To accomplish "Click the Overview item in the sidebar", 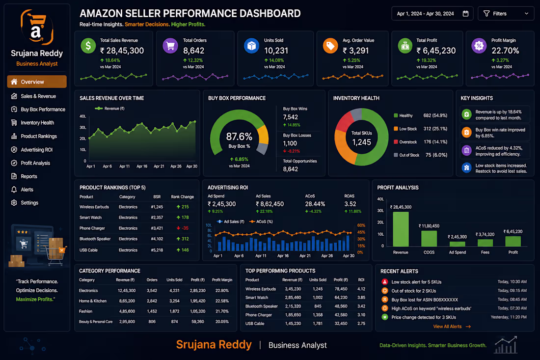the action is coord(37,82).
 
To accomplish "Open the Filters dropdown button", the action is coord(506,14).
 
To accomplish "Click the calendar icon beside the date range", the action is coord(465,13).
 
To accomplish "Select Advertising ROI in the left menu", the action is coord(36,149).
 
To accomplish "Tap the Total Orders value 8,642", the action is coord(193,51).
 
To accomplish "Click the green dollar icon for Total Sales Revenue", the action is coord(88,46).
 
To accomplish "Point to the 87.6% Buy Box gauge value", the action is coord(239,137).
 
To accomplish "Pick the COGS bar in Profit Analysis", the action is coord(429,238).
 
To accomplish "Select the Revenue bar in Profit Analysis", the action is coord(401,229).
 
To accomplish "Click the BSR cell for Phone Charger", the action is coord(157,228).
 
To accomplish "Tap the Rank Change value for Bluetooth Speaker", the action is coord(183,239).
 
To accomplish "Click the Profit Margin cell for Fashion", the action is coord(222,311).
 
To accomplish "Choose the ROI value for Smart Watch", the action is coord(361,297).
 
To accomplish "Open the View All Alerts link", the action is coord(452,327).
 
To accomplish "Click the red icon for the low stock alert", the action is coord(385,282).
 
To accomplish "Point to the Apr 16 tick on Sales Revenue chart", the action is coord(142,166).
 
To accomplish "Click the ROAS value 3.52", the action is coord(350,204).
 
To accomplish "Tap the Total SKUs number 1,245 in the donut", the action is coord(362,142).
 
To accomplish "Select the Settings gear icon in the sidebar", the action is coord(14,202).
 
